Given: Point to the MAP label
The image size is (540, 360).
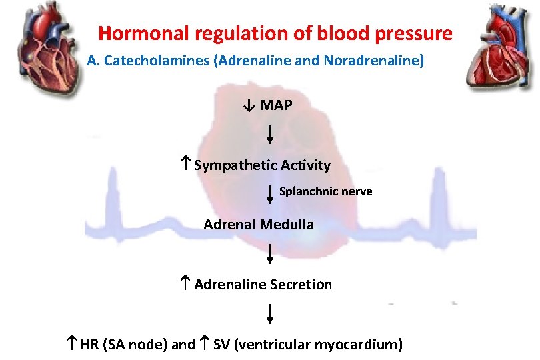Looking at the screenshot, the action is point(276,105).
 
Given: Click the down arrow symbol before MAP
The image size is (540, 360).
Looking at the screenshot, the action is point(247,105).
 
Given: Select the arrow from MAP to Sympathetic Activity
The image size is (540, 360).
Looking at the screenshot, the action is point(269,135).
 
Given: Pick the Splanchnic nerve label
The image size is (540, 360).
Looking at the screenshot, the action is point(325,191).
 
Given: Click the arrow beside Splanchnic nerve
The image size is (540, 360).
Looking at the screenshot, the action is point(269,193).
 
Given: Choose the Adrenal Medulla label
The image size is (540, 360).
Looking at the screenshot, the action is point(259,225).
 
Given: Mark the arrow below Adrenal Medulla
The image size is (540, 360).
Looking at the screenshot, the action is point(269,253).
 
